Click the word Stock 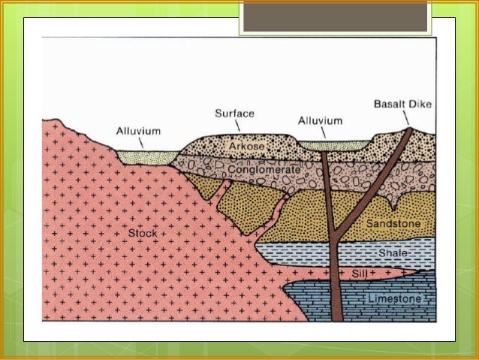coord(143,233)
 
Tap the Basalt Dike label coord(402,104)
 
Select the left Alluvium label coord(138,131)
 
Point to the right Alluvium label coord(320,120)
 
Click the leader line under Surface coord(237,126)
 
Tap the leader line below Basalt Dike coord(405,118)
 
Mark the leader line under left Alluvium coord(141,143)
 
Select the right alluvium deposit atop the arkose coord(333,144)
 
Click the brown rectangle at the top coord(335,16)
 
